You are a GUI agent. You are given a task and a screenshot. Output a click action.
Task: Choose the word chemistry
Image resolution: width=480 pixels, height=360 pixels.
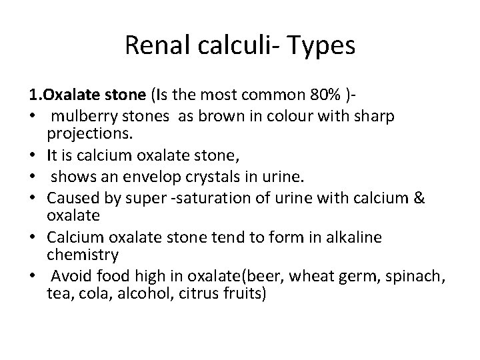point(83,254)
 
